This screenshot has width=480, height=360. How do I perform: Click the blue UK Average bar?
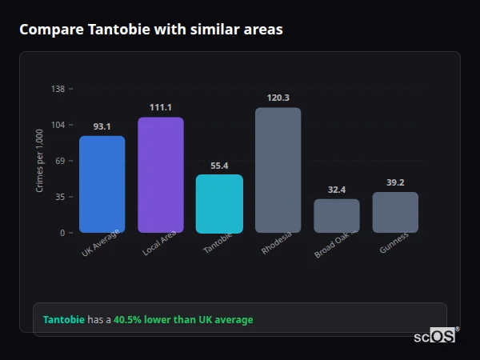click(x=102, y=184)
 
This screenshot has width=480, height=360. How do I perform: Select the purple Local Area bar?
click(x=161, y=174)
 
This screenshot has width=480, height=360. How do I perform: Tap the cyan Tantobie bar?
click(x=219, y=203)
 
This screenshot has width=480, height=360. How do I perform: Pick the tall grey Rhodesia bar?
click(x=278, y=170)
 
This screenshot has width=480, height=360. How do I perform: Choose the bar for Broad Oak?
click(x=337, y=215)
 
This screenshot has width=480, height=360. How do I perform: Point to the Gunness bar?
click(x=395, y=212)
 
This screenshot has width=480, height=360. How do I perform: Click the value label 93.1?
click(x=102, y=126)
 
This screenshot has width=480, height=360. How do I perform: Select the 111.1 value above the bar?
click(x=161, y=107)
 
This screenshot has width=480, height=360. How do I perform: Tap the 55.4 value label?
click(x=219, y=166)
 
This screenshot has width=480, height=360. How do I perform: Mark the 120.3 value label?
click(x=278, y=98)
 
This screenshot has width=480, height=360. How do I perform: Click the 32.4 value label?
click(x=337, y=190)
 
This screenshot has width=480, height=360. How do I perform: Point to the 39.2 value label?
click(x=395, y=182)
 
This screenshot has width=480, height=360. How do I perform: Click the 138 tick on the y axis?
click(x=58, y=89)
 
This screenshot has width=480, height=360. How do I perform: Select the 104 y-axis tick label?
click(x=58, y=125)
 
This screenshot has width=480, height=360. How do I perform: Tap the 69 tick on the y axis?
click(x=60, y=161)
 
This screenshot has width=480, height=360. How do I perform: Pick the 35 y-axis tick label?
click(x=60, y=197)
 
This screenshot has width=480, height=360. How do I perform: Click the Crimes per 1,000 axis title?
click(x=40, y=161)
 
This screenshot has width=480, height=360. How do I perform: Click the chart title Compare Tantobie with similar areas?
click(x=150, y=30)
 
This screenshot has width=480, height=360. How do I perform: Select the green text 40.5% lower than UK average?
click(x=183, y=320)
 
